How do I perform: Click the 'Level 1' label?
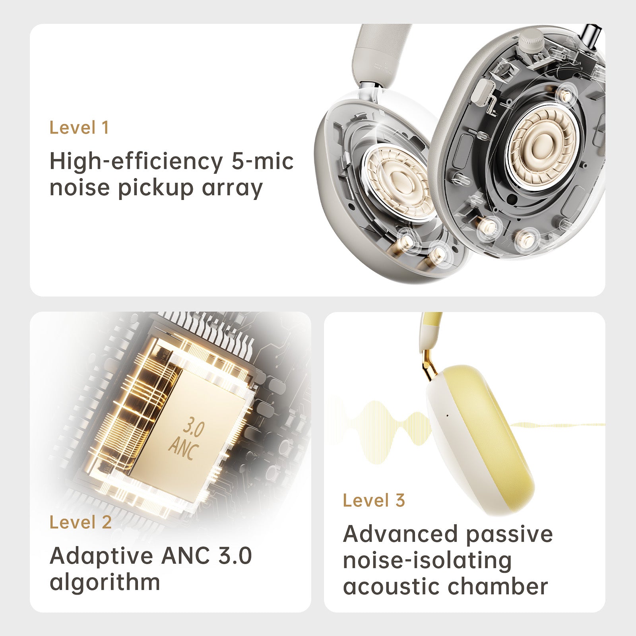(x=79, y=128)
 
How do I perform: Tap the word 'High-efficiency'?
(x=136, y=162)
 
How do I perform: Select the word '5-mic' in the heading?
(x=262, y=161)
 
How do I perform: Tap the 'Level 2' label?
(x=81, y=522)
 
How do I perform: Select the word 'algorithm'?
(x=105, y=582)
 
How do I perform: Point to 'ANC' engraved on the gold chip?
(x=184, y=448)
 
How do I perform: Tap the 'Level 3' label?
(x=374, y=500)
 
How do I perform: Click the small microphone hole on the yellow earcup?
(x=447, y=416)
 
